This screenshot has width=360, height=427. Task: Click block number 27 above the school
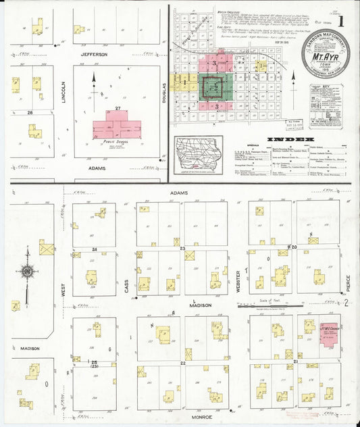117,108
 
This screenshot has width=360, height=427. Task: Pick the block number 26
29,112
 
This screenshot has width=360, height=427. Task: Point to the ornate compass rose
27,272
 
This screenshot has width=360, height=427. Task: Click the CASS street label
126,286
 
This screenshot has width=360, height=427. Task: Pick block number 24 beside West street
95,250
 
